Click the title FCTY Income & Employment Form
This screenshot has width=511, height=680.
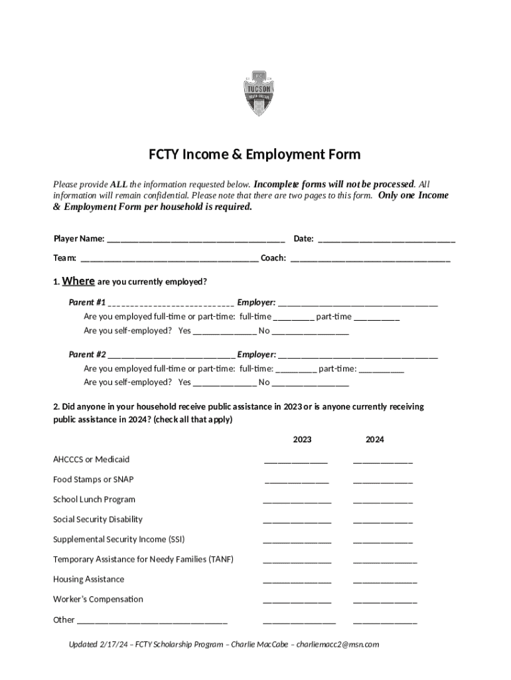254,155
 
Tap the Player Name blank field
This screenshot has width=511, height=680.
196,239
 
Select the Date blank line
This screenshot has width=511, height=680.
386,239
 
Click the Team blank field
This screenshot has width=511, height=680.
169,258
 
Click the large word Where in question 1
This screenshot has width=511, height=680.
78,281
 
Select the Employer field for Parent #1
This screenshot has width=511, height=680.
358,303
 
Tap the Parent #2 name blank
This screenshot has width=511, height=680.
171,355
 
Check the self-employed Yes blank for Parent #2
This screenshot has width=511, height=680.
224,382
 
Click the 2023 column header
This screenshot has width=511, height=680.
302,440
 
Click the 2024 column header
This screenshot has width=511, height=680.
375,440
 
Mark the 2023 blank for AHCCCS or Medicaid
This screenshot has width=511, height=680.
296,460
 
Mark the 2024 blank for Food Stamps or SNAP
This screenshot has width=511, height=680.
383,480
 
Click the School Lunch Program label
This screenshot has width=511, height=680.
94,499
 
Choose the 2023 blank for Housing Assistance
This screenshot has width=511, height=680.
297,580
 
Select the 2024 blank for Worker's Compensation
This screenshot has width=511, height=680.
385,600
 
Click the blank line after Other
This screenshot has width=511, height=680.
152,621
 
